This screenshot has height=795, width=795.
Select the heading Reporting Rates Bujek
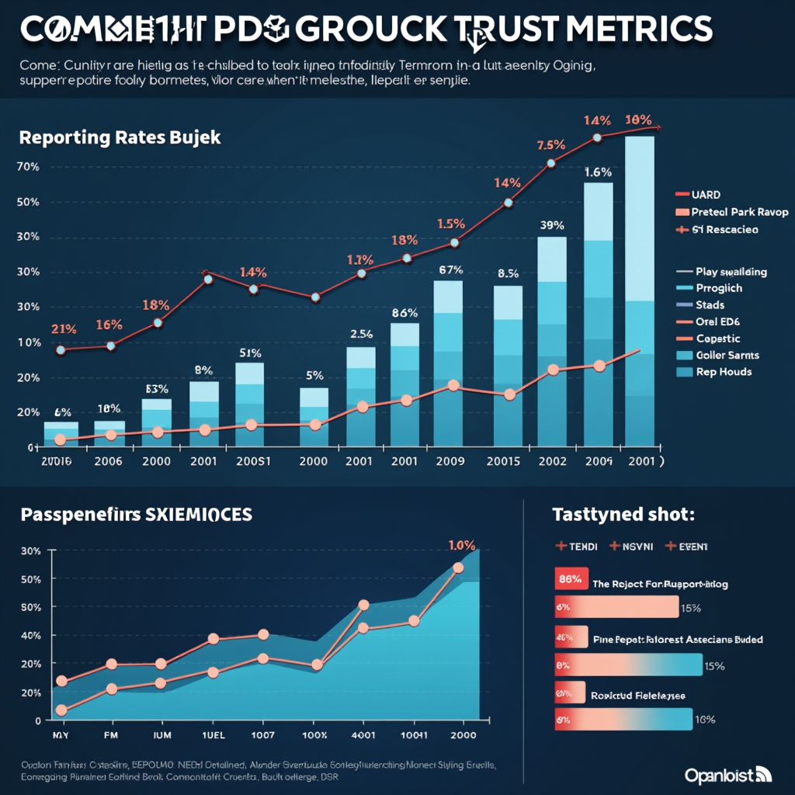[120, 137]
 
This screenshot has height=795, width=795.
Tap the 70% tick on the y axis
[27, 167]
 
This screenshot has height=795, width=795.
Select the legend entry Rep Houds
[724, 372]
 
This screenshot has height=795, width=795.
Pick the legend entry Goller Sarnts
[727, 355]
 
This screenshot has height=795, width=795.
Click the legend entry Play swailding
[731, 272]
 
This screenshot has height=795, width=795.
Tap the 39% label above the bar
[551, 225]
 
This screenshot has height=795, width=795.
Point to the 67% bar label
[450, 270]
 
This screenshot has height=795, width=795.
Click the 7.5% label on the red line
[550, 145]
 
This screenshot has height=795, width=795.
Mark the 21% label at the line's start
[64, 329]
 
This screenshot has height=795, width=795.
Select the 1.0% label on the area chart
[461, 544]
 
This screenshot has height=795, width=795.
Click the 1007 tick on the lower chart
[263, 734]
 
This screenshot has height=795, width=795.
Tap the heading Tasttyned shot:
[622, 514]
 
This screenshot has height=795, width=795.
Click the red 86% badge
[570, 578]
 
